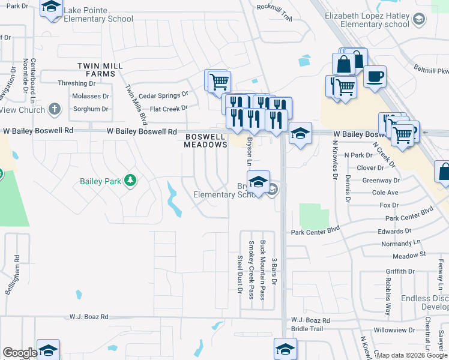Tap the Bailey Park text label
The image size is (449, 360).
[101, 181]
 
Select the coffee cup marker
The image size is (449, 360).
[375, 78]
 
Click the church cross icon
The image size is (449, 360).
[55, 109]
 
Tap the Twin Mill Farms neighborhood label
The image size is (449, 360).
[100, 69]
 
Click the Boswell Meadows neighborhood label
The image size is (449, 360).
[205, 141]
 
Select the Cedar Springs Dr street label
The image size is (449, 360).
[163, 95]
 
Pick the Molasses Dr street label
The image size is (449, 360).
[90, 96]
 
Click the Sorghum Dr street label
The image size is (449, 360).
[91, 109]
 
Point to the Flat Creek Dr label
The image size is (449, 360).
[169, 109]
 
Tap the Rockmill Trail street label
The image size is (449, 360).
[274, 12]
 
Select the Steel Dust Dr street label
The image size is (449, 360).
[239, 275]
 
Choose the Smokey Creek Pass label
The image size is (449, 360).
[251, 270]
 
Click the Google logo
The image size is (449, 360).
[20, 352]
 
